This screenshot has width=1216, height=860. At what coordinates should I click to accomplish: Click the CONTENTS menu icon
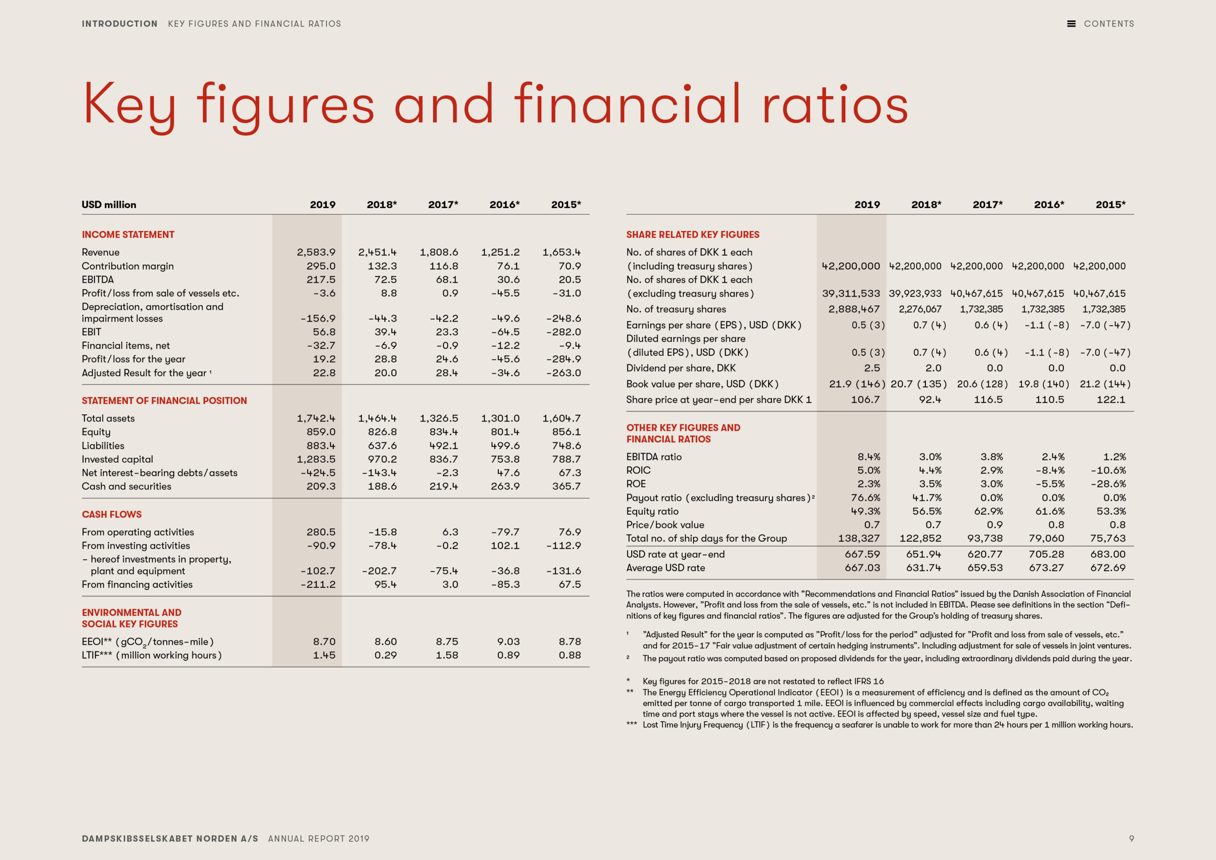point(1071,24)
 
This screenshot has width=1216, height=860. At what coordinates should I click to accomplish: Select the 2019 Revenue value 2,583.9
point(316,252)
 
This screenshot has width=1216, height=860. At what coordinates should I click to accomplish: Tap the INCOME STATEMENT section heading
point(128,234)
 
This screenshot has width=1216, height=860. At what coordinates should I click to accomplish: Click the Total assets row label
point(108,418)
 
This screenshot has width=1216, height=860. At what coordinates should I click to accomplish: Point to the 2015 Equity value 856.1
point(566,432)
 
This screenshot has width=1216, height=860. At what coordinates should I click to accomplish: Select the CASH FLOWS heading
point(112,514)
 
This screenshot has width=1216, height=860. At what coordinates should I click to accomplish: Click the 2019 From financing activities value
point(318,584)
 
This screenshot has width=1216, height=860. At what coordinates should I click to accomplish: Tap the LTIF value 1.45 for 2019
point(324,655)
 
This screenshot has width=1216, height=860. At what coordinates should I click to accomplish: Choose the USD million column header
point(109,204)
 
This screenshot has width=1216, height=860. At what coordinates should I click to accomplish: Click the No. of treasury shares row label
point(676,309)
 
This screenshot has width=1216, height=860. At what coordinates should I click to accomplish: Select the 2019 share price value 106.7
point(865,400)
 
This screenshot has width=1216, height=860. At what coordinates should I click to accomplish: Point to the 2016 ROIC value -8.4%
point(1050,470)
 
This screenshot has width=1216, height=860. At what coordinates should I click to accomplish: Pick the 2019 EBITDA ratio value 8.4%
point(869,457)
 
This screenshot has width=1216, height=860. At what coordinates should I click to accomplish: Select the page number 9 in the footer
point(1131,839)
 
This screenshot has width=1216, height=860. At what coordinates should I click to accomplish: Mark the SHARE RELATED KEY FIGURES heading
point(693,234)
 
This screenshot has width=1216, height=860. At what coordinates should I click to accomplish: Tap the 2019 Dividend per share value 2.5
point(872,368)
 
